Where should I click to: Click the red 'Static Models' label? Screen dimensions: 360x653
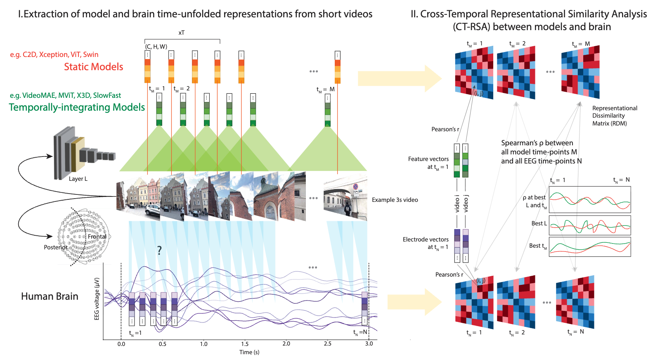[x=93, y=67]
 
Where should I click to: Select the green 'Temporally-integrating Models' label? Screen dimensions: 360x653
[x=77, y=107]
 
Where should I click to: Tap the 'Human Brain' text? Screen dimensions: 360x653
[x=50, y=296]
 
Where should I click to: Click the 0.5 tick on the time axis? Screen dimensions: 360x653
[x=163, y=343]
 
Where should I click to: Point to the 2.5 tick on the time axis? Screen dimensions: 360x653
[x=327, y=343]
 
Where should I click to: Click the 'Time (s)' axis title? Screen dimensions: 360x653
[x=249, y=352]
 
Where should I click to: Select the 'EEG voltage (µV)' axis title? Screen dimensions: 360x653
[x=97, y=298]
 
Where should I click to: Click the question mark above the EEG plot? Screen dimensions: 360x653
[x=159, y=250]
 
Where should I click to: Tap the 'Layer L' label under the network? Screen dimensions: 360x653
[x=78, y=179]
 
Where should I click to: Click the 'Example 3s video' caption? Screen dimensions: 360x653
[x=395, y=200]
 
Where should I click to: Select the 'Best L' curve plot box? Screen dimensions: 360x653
[x=589, y=225]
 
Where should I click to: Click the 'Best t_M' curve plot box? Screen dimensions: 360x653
[x=589, y=246]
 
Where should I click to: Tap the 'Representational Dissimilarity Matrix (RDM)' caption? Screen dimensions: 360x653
[x=614, y=116]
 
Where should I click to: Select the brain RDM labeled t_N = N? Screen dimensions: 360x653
[x=575, y=302]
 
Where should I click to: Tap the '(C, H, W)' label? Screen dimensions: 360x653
[x=156, y=47]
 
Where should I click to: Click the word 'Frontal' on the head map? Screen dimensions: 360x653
[x=97, y=237]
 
